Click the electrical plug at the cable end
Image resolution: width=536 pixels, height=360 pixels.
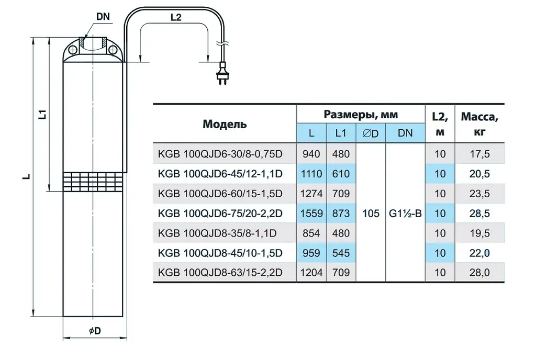click(x=222, y=74)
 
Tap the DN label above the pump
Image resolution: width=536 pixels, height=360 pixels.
click(x=103, y=16)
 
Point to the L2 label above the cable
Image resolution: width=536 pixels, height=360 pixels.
click(x=176, y=17)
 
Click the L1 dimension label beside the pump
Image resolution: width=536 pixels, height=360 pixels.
click(x=43, y=114)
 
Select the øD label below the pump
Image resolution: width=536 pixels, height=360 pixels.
click(x=95, y=331)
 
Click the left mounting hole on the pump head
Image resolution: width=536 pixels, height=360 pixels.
click(x=72, y=50)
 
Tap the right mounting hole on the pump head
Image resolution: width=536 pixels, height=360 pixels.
click(x=113, y=50)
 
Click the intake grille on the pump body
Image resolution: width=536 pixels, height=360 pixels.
click(x=93, y=182)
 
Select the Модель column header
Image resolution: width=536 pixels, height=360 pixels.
click(x=225, y=123)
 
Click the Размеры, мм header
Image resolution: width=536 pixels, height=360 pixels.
click(x=361, y=115)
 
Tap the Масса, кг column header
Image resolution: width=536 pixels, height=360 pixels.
click(x=479, y=124)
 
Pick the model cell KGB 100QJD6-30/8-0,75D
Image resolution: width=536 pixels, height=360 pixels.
click(x=220, y=154)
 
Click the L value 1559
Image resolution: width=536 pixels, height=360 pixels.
click(x=311, y=213)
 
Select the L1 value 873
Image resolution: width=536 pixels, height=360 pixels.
click(x=341, y=213)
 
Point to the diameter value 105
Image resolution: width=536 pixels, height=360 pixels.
click(x=371, y=213)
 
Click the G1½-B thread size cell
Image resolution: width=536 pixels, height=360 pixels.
click(x=405, y=213)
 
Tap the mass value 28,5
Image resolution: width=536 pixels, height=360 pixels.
click(x=479, y=213)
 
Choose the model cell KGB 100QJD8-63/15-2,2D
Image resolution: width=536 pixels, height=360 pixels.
click(x=220, y=273)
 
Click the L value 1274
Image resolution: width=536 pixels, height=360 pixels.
click(x=311, y=194)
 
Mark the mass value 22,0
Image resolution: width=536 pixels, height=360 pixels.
click(x=479, y=253)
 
